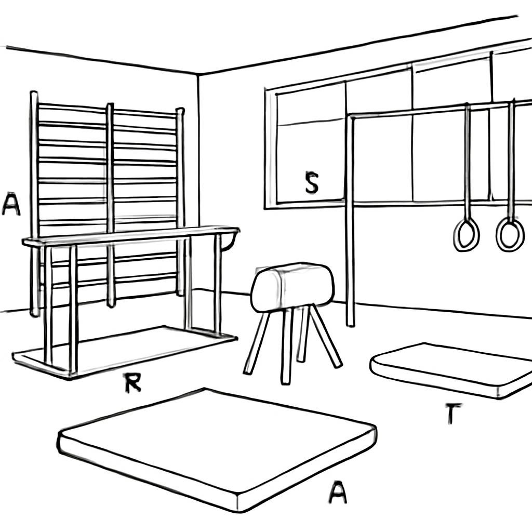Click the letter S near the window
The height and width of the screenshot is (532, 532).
click(x=312, y=182)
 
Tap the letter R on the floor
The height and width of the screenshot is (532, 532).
click(x=132, y=383)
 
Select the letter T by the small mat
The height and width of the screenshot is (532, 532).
click(x=451, y=414)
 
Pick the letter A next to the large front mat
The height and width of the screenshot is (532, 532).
click(x=338, y=493)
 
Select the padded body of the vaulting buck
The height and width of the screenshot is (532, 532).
click(x=292, y=287)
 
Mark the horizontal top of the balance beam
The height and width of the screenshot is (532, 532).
click(x=130, y=235)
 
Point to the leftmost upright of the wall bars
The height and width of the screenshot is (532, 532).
click(x=34, y=204)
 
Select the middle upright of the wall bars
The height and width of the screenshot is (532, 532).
click(x=110, y=205)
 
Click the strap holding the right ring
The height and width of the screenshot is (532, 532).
click(x=511, y=159)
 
